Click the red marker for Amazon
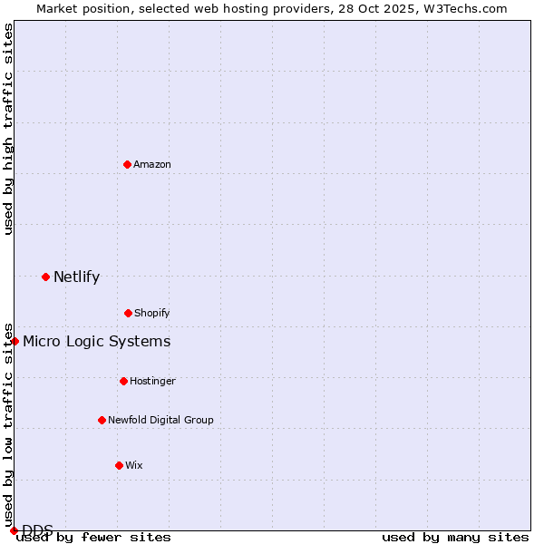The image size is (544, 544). point(127,164)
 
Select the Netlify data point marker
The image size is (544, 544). point(45,277)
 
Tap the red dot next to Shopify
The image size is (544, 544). point(128,313)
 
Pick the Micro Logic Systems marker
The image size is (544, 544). point(15,341)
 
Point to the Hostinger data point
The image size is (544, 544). point(123,381)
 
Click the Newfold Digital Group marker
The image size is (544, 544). point(102,420)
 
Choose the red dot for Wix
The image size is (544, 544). point(119,465)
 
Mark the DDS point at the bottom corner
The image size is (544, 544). point(14,530)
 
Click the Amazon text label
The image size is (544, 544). point(152,164)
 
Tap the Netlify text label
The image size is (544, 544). point(76,277)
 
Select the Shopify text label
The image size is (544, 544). point(152,313)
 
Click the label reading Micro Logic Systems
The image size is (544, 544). point(96,342)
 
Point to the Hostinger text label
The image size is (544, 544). point(152,381)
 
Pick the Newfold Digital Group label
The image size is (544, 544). point(160,420)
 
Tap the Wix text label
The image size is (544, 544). point(134,465)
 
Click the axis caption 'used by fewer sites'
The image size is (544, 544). point(93,537)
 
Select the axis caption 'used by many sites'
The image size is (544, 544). point(455,537)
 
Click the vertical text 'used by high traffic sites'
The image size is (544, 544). point(8,129)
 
